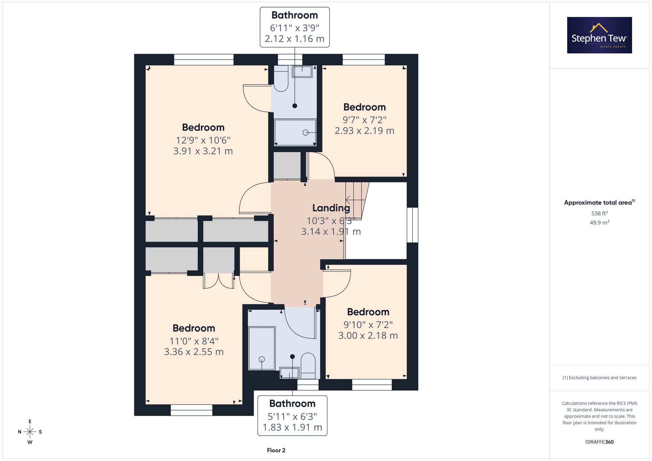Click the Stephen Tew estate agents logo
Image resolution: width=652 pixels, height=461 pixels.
(x=600, y=35)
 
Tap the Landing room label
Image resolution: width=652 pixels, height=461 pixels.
(x=331, y=208)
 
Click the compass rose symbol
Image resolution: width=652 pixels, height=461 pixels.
(x=30, y=432)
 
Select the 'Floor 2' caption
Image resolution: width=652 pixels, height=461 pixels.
(x=276, y=450)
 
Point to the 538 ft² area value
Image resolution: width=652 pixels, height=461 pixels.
(x=600, y=213)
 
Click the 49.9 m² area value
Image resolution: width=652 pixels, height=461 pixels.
(x=600, y=223)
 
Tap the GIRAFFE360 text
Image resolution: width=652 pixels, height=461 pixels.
(x=600, y=442)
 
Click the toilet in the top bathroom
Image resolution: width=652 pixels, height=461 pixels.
(x=281, y=79)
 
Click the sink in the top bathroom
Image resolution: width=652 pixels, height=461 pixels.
(x=302, y=71)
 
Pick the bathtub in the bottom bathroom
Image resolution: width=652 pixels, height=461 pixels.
(x=262, y=349)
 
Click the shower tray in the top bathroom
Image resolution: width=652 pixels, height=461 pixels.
(x=295, y=132)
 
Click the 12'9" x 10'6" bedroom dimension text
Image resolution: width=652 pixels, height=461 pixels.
(x=203, y=140)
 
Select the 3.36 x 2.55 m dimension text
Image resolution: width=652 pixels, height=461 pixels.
(x=194, y=352)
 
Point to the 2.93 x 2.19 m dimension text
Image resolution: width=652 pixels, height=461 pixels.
(x=364, y=131)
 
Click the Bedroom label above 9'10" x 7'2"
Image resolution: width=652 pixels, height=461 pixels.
(x=368, y=312)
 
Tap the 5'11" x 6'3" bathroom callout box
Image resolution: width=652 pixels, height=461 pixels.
(x=292, y=416)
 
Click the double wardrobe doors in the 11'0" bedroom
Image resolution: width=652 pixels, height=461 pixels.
(x=218, y=281)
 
